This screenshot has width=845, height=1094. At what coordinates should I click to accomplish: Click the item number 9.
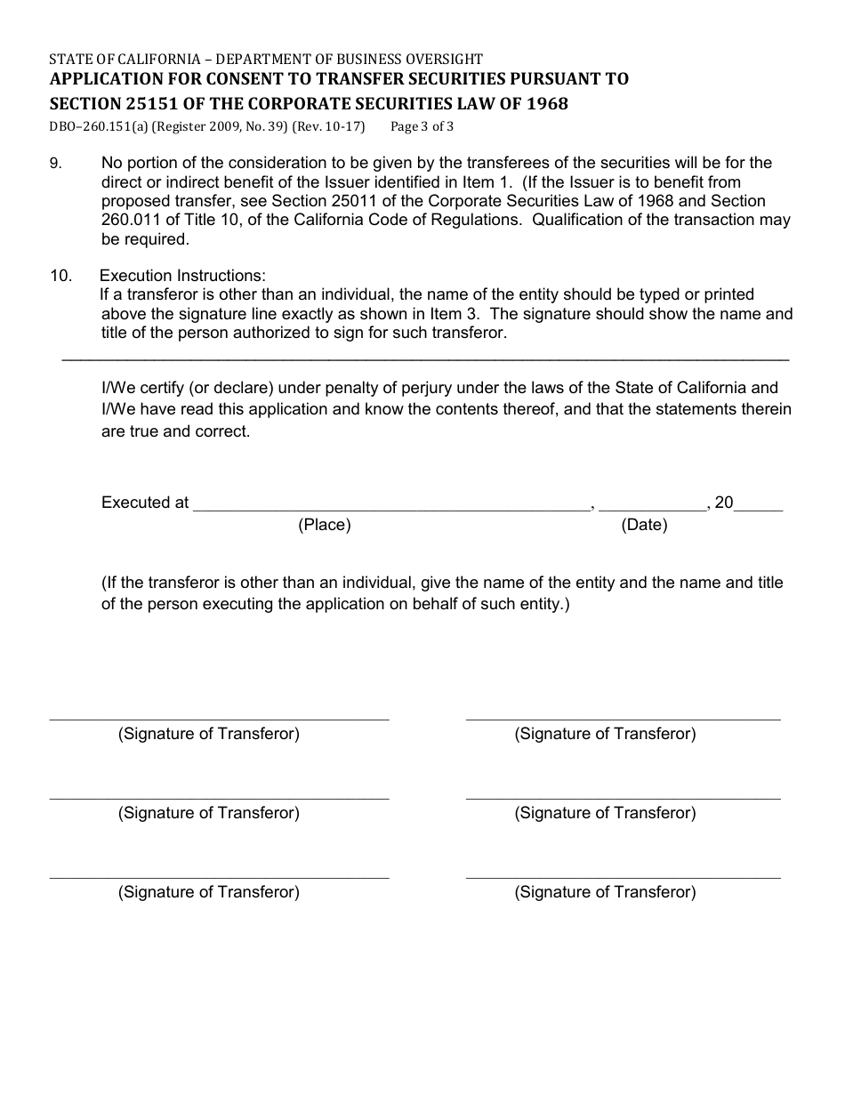coord(54,164)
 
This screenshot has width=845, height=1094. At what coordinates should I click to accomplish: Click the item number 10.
coord(60,276)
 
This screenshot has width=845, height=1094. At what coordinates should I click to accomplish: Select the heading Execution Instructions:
coord(182,276)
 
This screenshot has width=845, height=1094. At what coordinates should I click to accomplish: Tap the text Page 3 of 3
coord(422,126)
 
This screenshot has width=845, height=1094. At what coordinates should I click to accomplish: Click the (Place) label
coord(325,525)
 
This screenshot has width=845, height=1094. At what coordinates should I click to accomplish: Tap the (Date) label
coord(644,525)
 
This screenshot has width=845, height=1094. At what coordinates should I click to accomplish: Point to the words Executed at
coord(145,503)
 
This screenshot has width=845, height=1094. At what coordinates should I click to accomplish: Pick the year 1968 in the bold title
coord(545,103)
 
